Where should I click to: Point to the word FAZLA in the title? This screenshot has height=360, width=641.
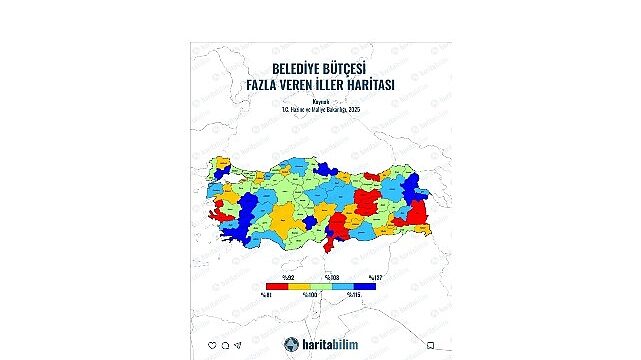click(268, 87)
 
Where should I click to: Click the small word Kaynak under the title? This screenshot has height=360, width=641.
click(320, 101)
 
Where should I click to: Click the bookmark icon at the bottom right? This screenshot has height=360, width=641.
click(429, 345)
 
